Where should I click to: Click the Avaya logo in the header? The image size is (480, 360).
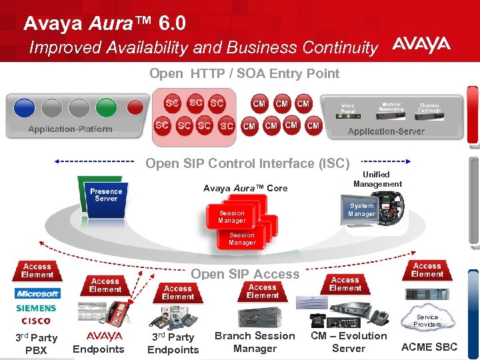(x=421, y=45)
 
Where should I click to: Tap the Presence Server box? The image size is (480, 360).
(x=106, y=195)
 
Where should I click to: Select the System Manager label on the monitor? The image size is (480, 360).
(x=361, y=210)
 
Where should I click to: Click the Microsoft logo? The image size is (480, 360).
(x=38, y=293)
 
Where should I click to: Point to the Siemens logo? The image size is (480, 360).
(x=37, y=309)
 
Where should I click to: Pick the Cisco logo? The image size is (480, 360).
(x=36, y=321)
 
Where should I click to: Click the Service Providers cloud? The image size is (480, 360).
(x=427, y=321)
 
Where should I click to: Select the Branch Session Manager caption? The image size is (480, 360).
(x=255, y=342)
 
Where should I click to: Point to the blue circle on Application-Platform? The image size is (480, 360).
(x=25, y=107)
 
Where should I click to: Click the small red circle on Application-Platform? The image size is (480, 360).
(x=135, y=107)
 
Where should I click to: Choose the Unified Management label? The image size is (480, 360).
(x=377, y=179)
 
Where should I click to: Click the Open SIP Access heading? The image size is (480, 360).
(x=245, y=274)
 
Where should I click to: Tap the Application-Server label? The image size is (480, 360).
(x=386, y=131)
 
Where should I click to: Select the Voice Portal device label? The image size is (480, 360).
(x=348, y=109)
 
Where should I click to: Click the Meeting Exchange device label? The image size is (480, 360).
(x=429, y=109)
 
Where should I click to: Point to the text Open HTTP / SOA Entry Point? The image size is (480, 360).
(x=244, y=74)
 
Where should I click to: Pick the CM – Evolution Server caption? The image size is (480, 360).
(x=349, y=342)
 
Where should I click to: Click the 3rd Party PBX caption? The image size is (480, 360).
(x=36, y=344)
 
